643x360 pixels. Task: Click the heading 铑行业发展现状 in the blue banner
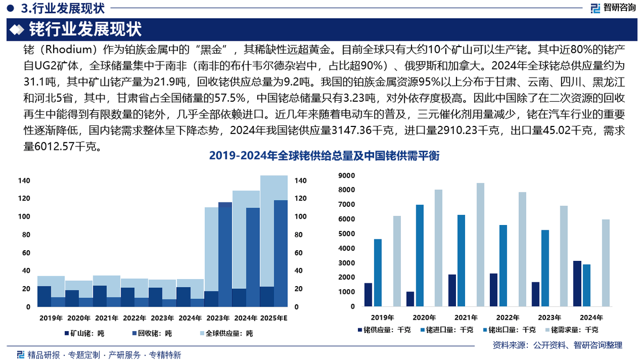click(x=85, y=28)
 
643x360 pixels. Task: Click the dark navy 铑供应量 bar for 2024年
click(x=577, y=284)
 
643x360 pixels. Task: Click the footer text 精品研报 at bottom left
click(x=44, y=355)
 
